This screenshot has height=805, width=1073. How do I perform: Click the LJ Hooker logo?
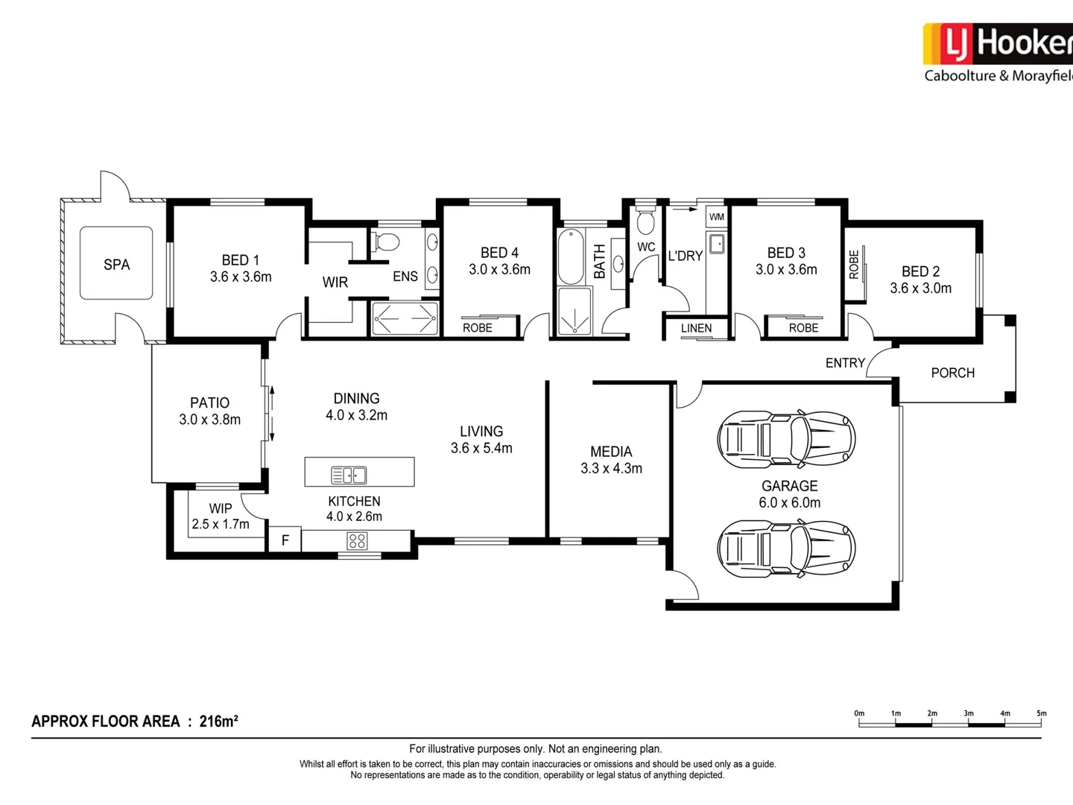point(997,45)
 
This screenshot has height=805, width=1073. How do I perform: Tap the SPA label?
point(116,265)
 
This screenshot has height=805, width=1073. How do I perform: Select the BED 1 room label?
point(240,260)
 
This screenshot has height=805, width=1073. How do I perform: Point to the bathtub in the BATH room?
point(571,256)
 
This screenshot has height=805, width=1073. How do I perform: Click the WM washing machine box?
point(716,217)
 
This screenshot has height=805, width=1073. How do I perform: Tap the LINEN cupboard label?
point(696,328)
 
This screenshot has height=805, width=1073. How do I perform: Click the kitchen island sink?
point(349,475)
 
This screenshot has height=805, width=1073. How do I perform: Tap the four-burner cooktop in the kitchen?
point(357,541)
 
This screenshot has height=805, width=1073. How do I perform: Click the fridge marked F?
point(285,540)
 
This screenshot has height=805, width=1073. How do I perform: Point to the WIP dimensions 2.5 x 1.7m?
point(221,524)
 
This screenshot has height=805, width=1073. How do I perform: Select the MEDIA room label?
point(611,452)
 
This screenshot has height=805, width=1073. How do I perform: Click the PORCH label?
point(952,373)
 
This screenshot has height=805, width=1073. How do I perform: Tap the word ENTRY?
point(845,363)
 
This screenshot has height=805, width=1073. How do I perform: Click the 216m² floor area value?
point(218,722)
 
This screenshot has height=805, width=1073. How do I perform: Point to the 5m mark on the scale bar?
point(1041,714)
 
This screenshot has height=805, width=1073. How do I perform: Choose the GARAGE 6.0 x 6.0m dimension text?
point(789,503)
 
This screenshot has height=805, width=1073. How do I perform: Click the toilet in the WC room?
point(645,222)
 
